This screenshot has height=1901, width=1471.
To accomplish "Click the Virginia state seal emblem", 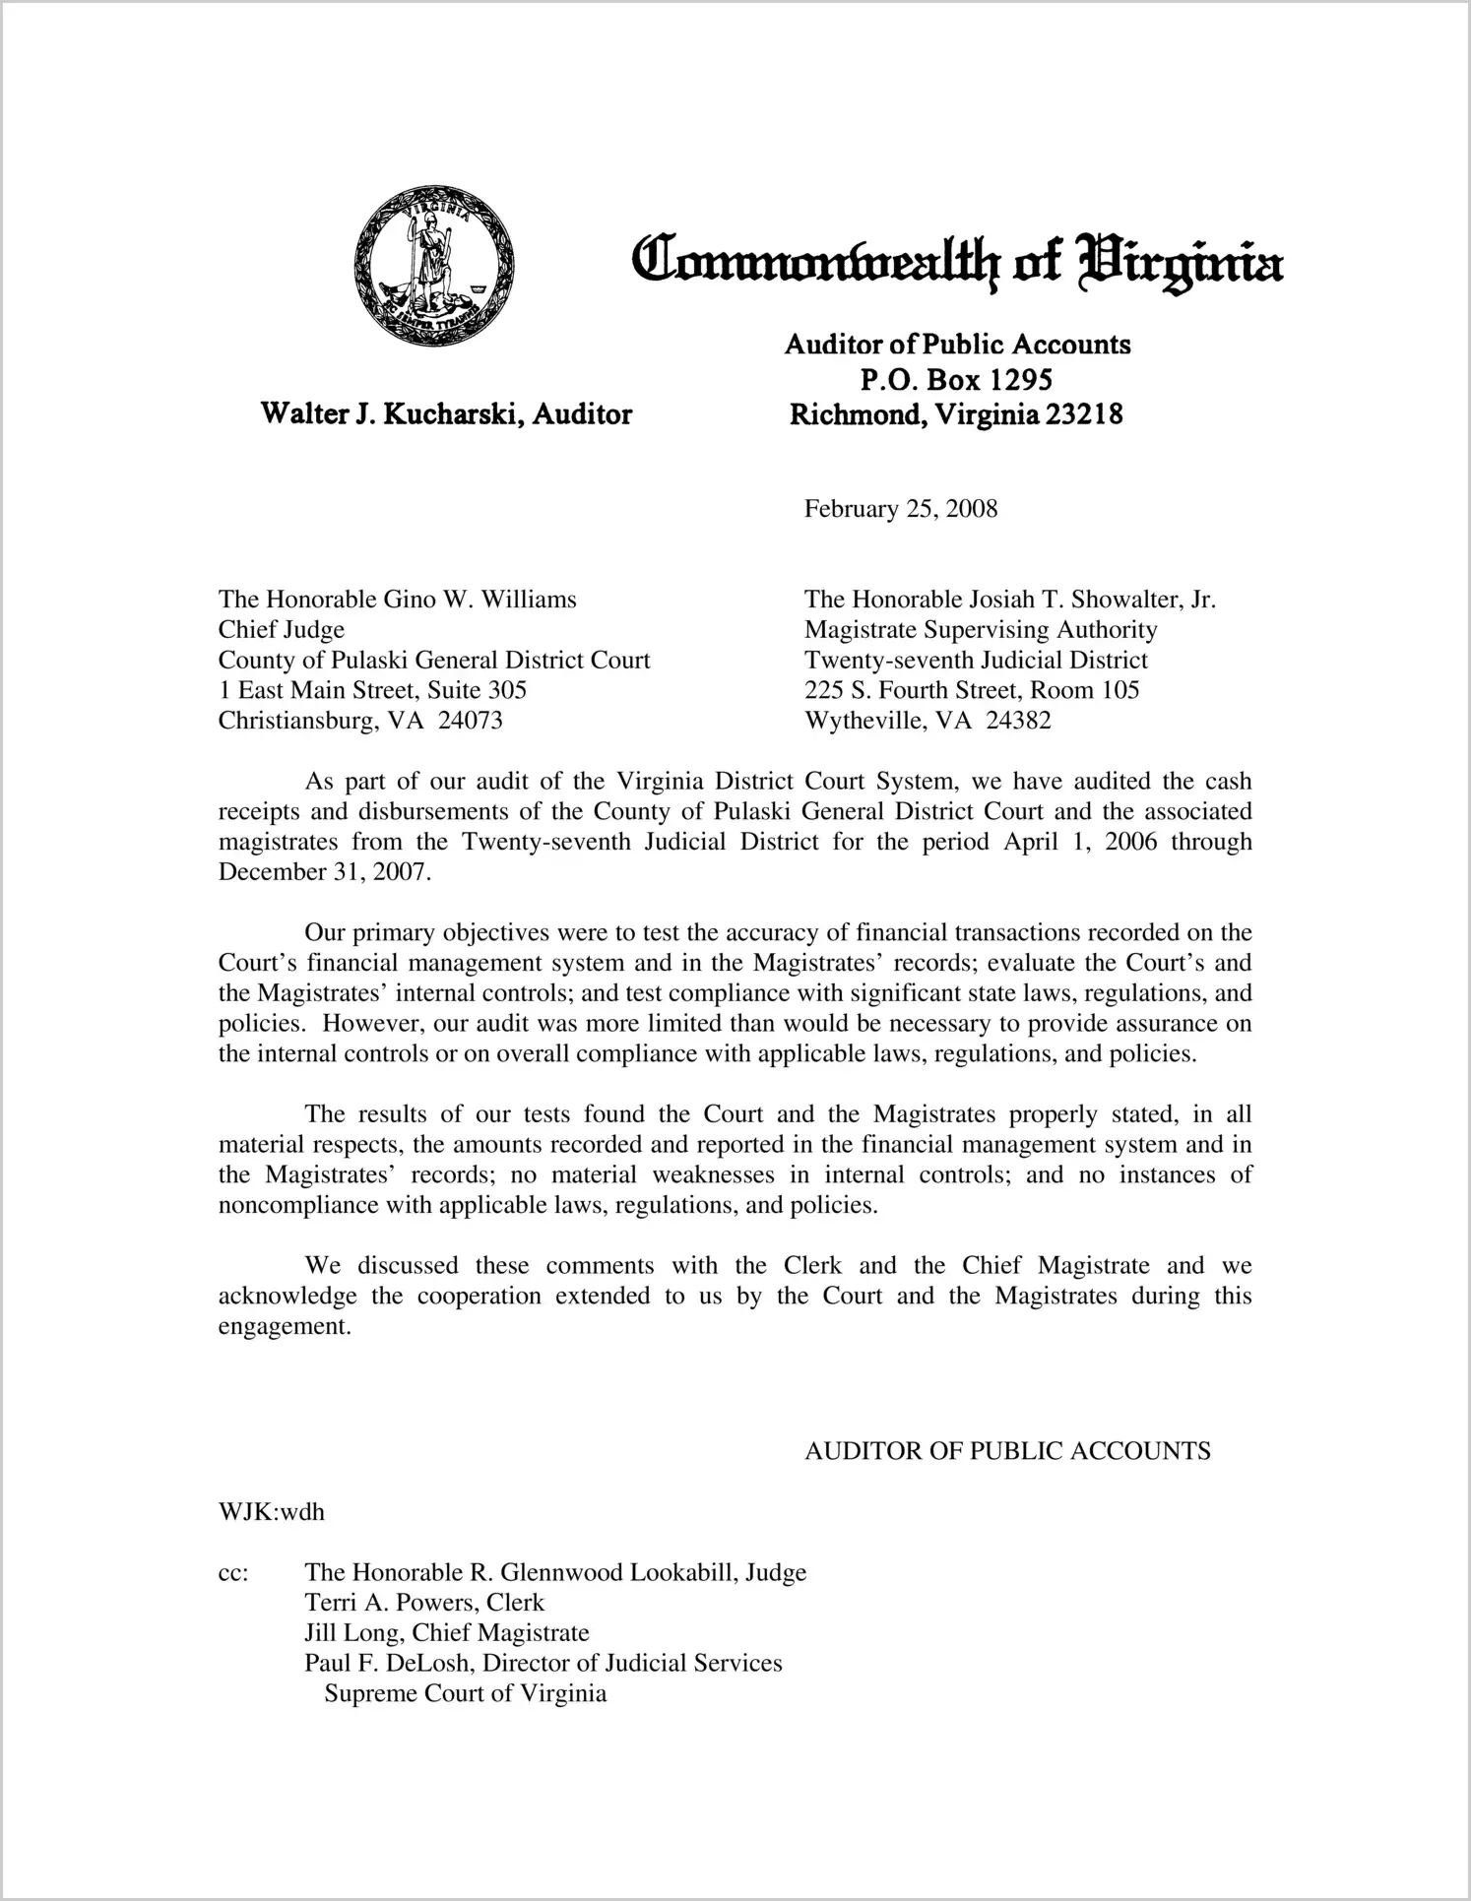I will coord(434,265).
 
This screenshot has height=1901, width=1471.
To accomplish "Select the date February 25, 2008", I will coord(900,509).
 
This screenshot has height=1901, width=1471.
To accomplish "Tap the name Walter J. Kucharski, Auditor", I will coord(446,413).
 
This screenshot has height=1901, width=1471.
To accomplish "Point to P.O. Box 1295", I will coord(956,379).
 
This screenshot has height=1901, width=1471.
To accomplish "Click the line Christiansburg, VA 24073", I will coord(360,721).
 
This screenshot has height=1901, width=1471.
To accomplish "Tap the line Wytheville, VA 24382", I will coord(927,721).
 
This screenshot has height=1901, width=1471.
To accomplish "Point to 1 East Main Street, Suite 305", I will coord(372,690).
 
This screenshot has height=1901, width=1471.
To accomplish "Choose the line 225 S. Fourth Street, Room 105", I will coord(972,690).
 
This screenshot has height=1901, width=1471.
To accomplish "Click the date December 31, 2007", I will coord(323,872).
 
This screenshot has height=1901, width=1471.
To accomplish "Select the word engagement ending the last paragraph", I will coord(283,1326).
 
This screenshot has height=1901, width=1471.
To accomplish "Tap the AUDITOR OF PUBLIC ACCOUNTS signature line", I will coord(1007,1451).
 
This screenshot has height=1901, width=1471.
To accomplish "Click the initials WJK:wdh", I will coord(272,1512).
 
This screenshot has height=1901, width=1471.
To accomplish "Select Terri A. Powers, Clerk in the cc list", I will coord(424,1603).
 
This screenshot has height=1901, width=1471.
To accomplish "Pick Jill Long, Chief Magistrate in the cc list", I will coord(447,1633).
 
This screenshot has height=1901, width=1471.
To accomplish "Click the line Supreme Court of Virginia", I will coord(466,1694).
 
